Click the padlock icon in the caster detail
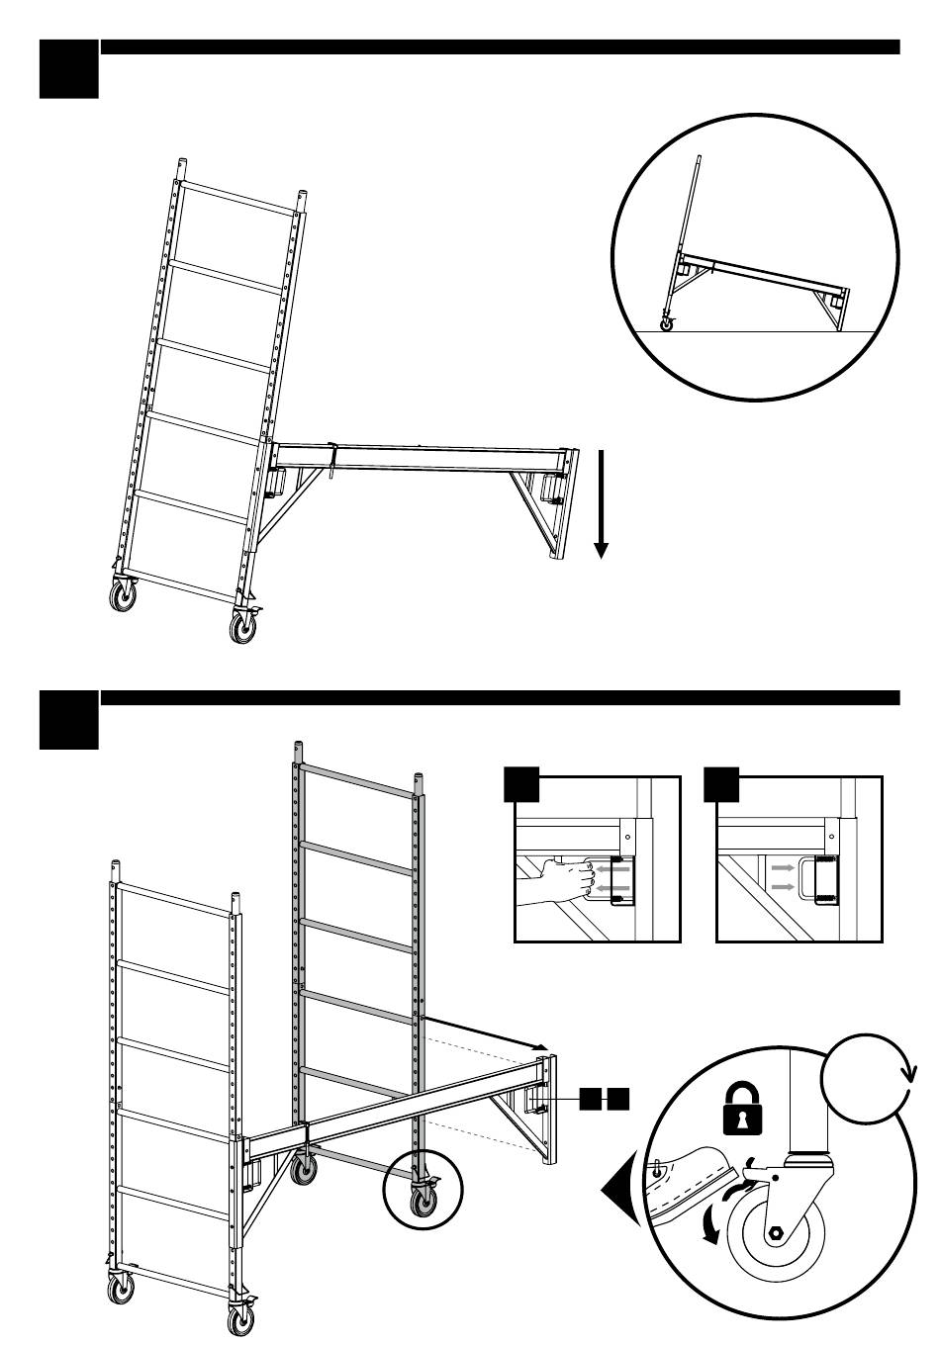point(736,1107)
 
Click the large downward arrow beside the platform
point(601,503)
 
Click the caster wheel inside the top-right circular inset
point(667,323)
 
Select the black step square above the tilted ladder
point(68,69)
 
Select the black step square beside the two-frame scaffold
point(68,720)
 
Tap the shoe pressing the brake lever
point(693,1172)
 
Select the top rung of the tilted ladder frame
point(237,198)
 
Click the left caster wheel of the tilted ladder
point(123,597)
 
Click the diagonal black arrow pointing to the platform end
point(485,1032)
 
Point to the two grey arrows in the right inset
point(782,875)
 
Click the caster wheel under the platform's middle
point(304,1171)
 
